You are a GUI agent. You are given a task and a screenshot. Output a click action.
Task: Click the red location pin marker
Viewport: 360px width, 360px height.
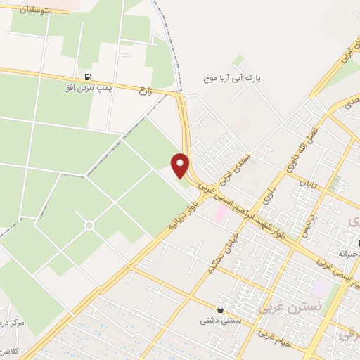[x=181, y=165]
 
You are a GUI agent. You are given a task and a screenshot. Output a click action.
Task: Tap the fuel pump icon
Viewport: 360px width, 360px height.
[x=88, y=77]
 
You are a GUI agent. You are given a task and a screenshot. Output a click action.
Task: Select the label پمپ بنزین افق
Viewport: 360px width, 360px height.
[x=89, y=89]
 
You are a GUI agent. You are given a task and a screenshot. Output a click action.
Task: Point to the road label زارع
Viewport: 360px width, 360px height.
[x=146, y=91]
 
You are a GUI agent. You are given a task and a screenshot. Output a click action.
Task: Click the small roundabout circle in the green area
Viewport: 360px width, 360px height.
[x=89, y=225]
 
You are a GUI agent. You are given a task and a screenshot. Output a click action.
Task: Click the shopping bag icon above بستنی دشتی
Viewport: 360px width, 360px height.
[x=221, y=309]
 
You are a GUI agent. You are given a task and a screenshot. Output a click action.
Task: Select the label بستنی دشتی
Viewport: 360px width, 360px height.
[x=218, y=321]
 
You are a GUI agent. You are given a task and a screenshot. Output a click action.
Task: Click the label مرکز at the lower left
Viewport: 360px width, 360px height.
[x=12, y=322]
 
